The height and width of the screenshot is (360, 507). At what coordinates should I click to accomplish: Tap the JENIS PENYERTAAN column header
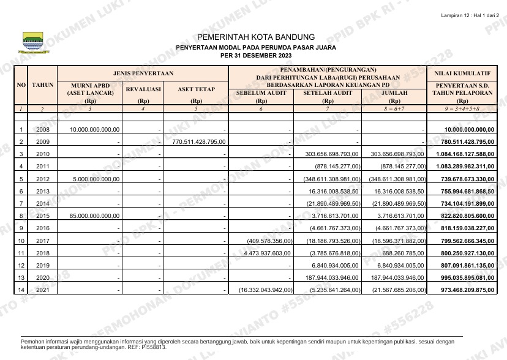point(143,73)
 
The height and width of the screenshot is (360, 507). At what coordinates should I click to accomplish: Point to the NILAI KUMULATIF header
point(462,73)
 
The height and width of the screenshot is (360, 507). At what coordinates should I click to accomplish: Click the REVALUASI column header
point(143,89)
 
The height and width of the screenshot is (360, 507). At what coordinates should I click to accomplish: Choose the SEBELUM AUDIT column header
point(261,93)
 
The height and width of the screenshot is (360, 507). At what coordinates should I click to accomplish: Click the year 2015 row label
point(43,216)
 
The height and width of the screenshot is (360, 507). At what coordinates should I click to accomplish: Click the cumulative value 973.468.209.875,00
point(464,290)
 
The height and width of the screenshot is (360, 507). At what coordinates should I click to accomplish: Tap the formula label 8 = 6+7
point(394,108)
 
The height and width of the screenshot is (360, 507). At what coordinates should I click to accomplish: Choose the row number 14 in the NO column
point(21,290)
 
